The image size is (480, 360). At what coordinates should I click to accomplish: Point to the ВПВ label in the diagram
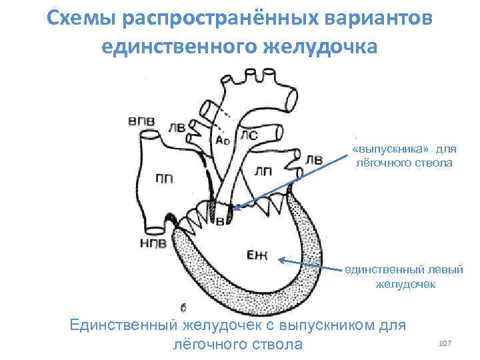[x=141, y=121]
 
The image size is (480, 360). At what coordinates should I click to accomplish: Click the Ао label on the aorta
[x=224, y=141]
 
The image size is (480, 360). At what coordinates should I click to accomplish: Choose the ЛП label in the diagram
[x=263, y=171]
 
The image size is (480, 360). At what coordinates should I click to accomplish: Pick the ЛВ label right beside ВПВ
[x=177, y=127]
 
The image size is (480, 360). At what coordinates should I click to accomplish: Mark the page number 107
[x=445, y=342]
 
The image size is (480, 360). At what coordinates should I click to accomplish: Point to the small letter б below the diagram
[x=184, y=307]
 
